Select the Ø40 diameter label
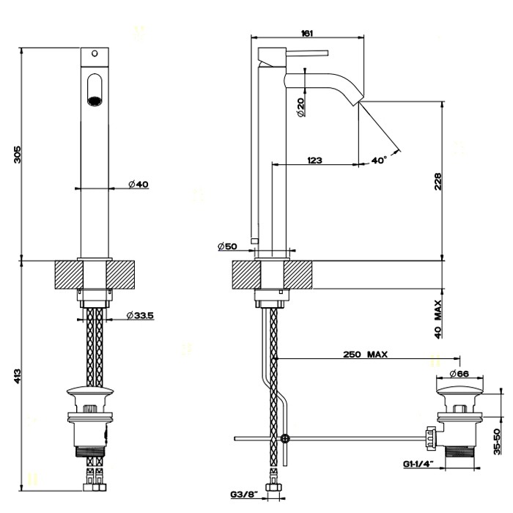(138, 185)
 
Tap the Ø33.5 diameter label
(139, 315)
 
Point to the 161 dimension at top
(308, 32)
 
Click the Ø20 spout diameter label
(300, 106)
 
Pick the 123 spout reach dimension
(315, 159)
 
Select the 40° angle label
(379, 160)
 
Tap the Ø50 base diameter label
(227, 247)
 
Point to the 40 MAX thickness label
(438, 317)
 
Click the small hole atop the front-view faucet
(93, 53)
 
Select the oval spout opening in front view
(93, 90)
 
